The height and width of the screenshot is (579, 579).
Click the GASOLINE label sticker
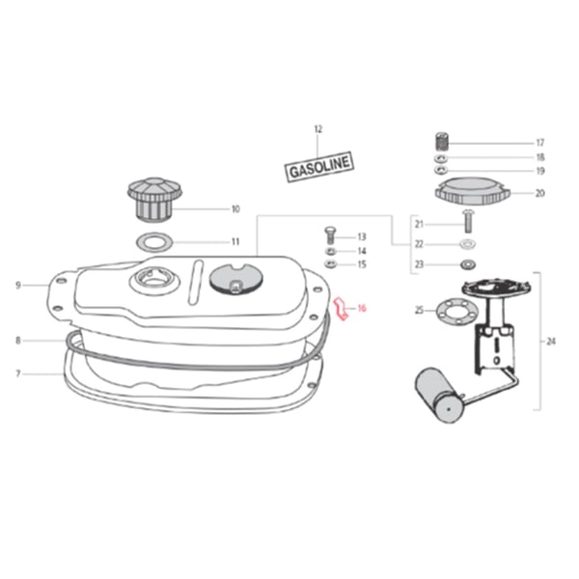pyautogui.click(x=319, y=167)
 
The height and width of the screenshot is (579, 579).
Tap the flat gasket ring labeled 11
pyautogui.click(x=155, y=242)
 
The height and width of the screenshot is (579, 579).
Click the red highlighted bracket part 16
pyautogui.click(x=342, y=309)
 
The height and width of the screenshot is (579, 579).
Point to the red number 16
pyautogui.click(x=362, y=308)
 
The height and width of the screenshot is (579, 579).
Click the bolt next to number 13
pyautogui.click(x=330, y=234)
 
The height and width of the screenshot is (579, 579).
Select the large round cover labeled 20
pyautogui.click(x=473, y=191)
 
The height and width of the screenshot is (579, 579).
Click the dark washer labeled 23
pyautogui.click(x=468, y=264)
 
